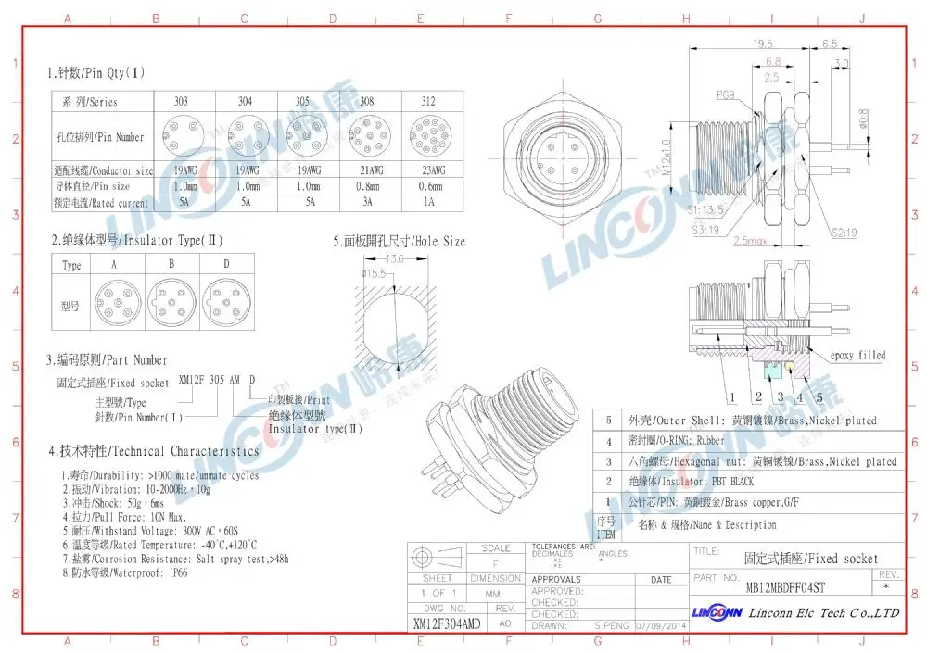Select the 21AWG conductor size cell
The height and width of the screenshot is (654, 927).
tap(364, 170)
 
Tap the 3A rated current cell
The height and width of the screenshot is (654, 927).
tap(364, 203)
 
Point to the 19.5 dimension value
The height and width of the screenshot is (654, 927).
tap(763, 44)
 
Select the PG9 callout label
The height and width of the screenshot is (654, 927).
tap(727, 94)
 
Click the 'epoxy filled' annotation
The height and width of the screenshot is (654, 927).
tap(857, 355)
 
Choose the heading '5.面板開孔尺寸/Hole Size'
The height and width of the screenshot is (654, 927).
tap(400, 241)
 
